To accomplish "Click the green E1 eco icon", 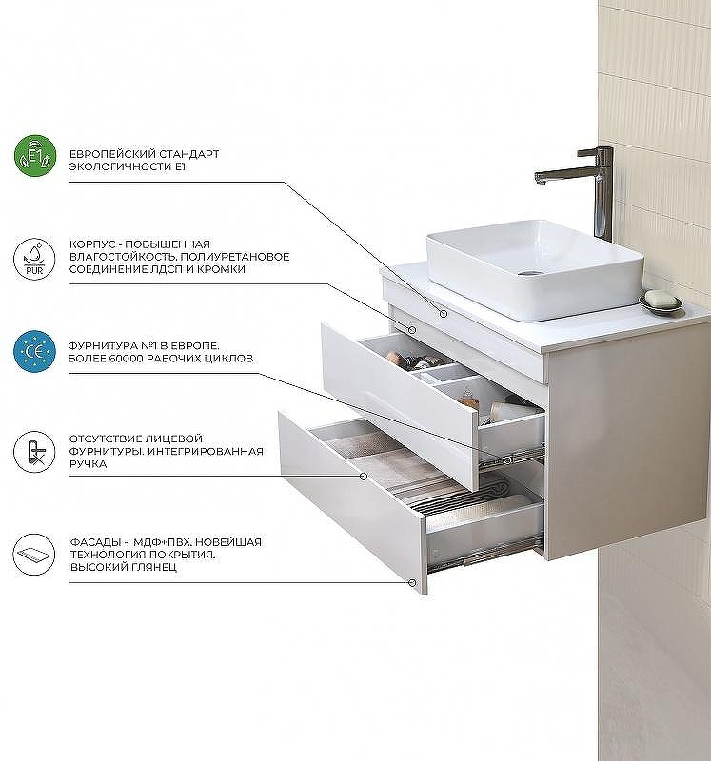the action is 35,156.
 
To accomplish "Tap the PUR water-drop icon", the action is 34,259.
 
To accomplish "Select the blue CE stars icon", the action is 34,351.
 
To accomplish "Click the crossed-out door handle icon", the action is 34,452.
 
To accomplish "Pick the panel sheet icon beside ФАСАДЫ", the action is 34,555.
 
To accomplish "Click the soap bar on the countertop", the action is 660,299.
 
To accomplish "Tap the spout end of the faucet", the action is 541,181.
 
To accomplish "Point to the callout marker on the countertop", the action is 443,314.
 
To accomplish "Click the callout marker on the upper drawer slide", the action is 508,459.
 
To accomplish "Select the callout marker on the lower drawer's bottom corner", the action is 412,582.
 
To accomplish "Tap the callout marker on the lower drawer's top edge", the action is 364,477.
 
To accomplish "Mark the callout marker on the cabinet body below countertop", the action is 412,329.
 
